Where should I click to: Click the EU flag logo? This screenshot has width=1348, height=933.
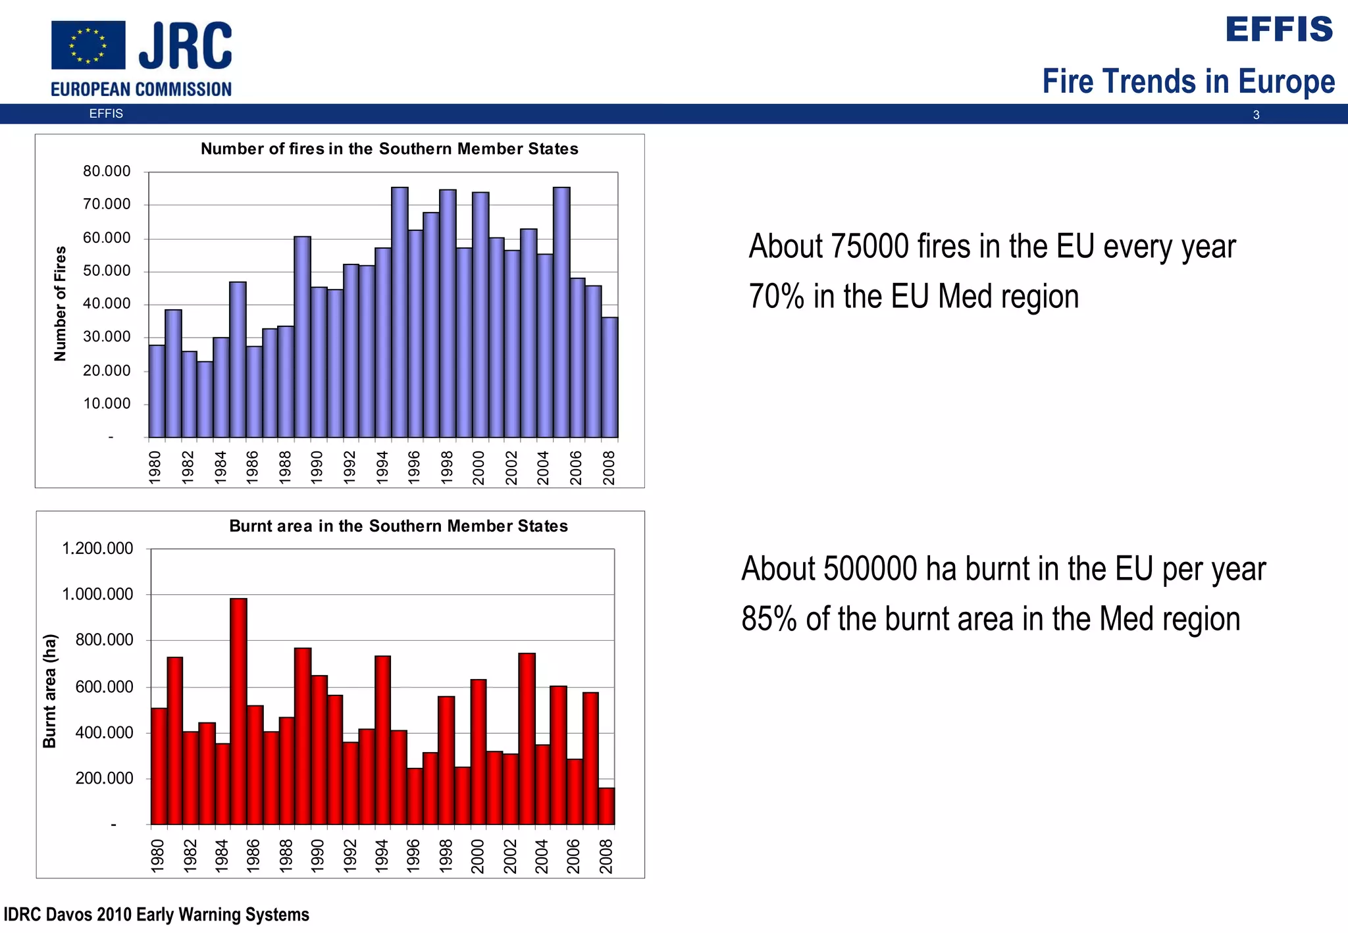click(88, 45)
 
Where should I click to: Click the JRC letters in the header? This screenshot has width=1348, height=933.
click(186, 45)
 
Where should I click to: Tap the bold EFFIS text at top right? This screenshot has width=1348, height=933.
click(1279, 30)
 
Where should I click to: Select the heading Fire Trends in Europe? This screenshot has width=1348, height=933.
click(1188, 82)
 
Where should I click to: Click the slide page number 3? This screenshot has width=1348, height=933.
click(1256, 115)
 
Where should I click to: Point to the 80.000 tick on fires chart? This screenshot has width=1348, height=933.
click(107, 172)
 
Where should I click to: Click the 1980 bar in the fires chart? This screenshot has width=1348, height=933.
click(157, 391)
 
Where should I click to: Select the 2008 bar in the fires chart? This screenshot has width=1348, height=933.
click(609, 377)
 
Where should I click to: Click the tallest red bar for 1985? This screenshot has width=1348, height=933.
click(238, 711)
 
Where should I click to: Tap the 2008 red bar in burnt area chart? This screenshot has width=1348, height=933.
click(606, 806)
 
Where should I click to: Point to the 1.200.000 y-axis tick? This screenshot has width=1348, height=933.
click(97, 549)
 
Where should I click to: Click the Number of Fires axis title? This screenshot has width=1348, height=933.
click(60, 303)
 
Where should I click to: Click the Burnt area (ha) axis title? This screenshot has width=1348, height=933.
click(50, 691)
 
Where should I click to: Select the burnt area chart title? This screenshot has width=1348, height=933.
click(398, 526)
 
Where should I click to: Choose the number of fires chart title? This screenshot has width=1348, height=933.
click(389, 149)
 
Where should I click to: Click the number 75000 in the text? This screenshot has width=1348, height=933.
click(869, 247)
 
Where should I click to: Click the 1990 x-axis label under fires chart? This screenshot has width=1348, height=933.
click(317, 467)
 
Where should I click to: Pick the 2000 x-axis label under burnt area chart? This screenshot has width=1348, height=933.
click(478, 856)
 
